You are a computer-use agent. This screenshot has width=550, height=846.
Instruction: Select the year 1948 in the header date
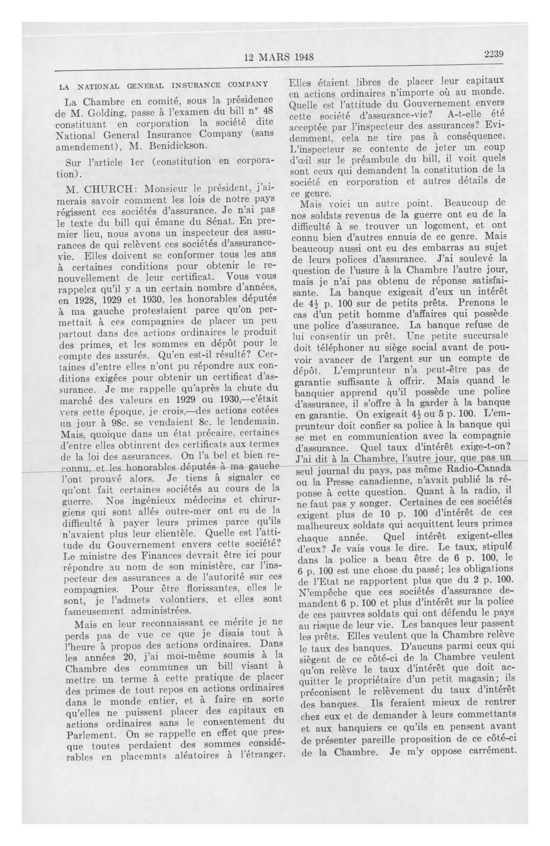click(301, 57)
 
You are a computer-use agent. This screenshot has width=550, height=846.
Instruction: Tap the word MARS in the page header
click(274, 57)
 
